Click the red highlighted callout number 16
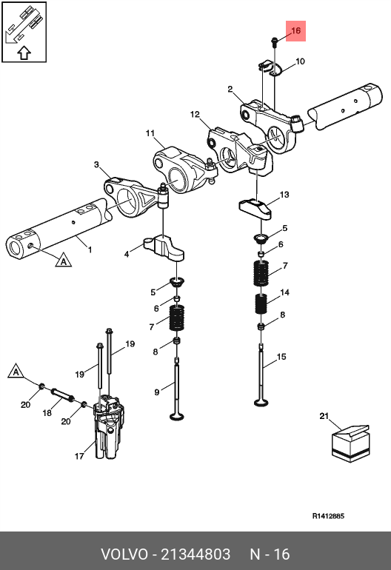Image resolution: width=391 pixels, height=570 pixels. (295, 30)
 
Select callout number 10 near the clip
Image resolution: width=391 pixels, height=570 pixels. (300, 61)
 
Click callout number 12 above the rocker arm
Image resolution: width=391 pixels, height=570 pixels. (195, 115)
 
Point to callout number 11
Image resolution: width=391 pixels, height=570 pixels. (150, 133)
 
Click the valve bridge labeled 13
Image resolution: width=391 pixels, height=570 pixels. (255, 208)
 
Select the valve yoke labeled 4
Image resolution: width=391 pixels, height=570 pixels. (164, 247)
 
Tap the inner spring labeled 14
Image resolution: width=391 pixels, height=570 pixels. (261, 304)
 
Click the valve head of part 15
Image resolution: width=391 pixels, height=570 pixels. (261, 403)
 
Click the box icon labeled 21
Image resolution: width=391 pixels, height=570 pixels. (350, 443)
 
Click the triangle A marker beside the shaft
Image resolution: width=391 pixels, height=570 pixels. (63, 261)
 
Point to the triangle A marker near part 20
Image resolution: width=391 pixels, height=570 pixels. (16, 371)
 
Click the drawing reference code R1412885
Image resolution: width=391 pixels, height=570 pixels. (328, 516)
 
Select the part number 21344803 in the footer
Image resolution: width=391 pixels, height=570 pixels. (195, 554)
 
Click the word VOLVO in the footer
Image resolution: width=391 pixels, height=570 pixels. (124, 554)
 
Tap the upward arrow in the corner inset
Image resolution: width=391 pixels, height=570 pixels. (24, 53)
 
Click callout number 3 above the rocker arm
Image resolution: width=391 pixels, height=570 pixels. (96, 164)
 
